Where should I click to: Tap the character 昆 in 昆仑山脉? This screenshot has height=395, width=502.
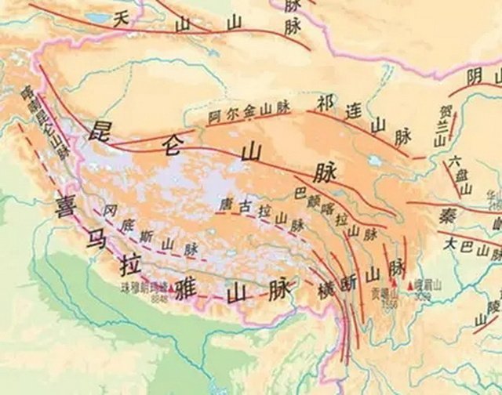point(104,131)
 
